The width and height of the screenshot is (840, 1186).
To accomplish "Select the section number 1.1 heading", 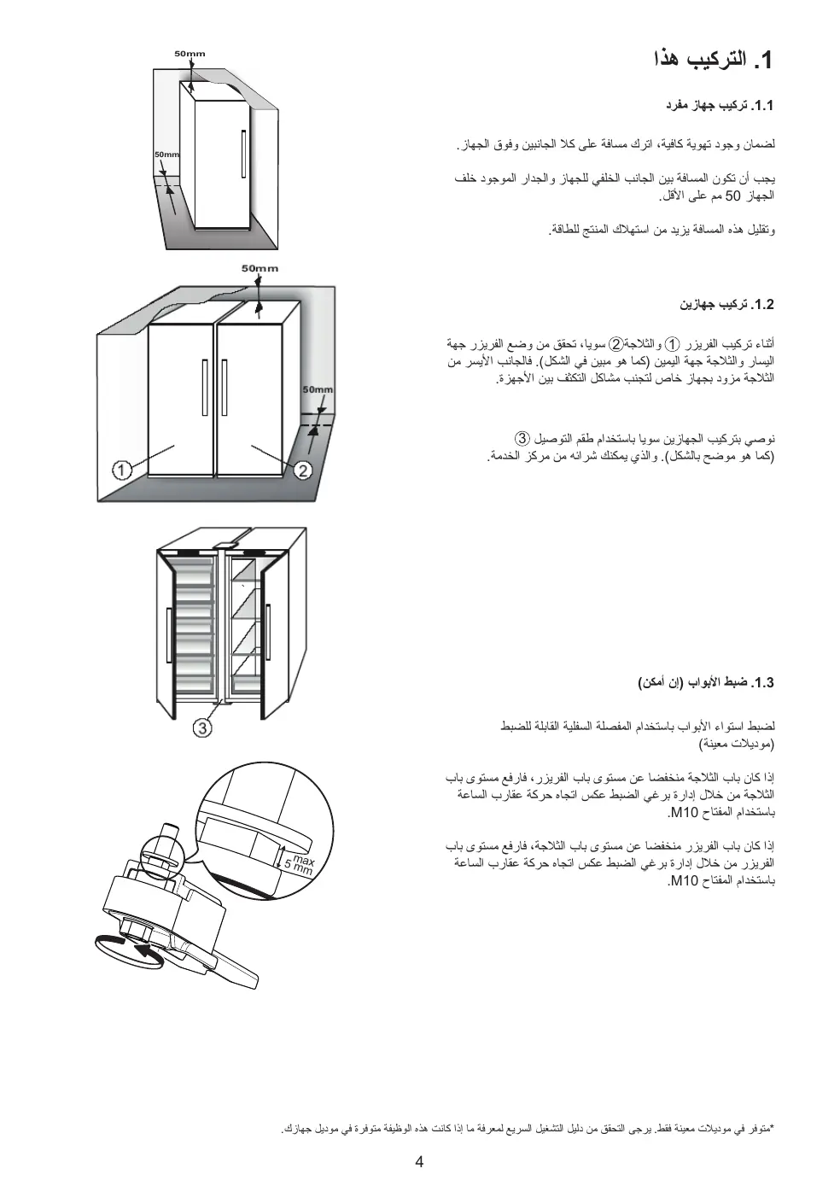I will (x=761, y=106).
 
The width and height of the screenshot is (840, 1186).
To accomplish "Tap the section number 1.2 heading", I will (x=761, y=305).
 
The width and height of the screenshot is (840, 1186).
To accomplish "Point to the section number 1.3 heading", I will (x=761, y=683).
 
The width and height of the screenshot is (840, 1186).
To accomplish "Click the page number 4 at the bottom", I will (x=419, y=1161).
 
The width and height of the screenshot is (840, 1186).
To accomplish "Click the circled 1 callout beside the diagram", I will (x=122, y=470).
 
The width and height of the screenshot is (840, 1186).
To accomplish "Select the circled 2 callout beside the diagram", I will (x=305, y=470).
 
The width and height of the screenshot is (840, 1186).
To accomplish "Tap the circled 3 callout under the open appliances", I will (x=202, y=727).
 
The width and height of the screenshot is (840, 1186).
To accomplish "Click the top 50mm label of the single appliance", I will (x=190, y=54).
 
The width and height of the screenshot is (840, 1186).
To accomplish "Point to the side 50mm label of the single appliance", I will (x=167, y=155).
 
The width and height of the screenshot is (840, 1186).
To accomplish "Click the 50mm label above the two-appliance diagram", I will (x=260, y=268).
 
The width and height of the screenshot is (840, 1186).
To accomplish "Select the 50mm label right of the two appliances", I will (x=318, y=389).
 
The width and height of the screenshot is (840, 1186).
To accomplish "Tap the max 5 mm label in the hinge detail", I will (x=300, y=863).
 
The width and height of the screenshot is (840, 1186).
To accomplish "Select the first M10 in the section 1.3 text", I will (x=685, y=811).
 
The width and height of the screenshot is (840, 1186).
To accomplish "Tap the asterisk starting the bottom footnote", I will (x=772, y=1128).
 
